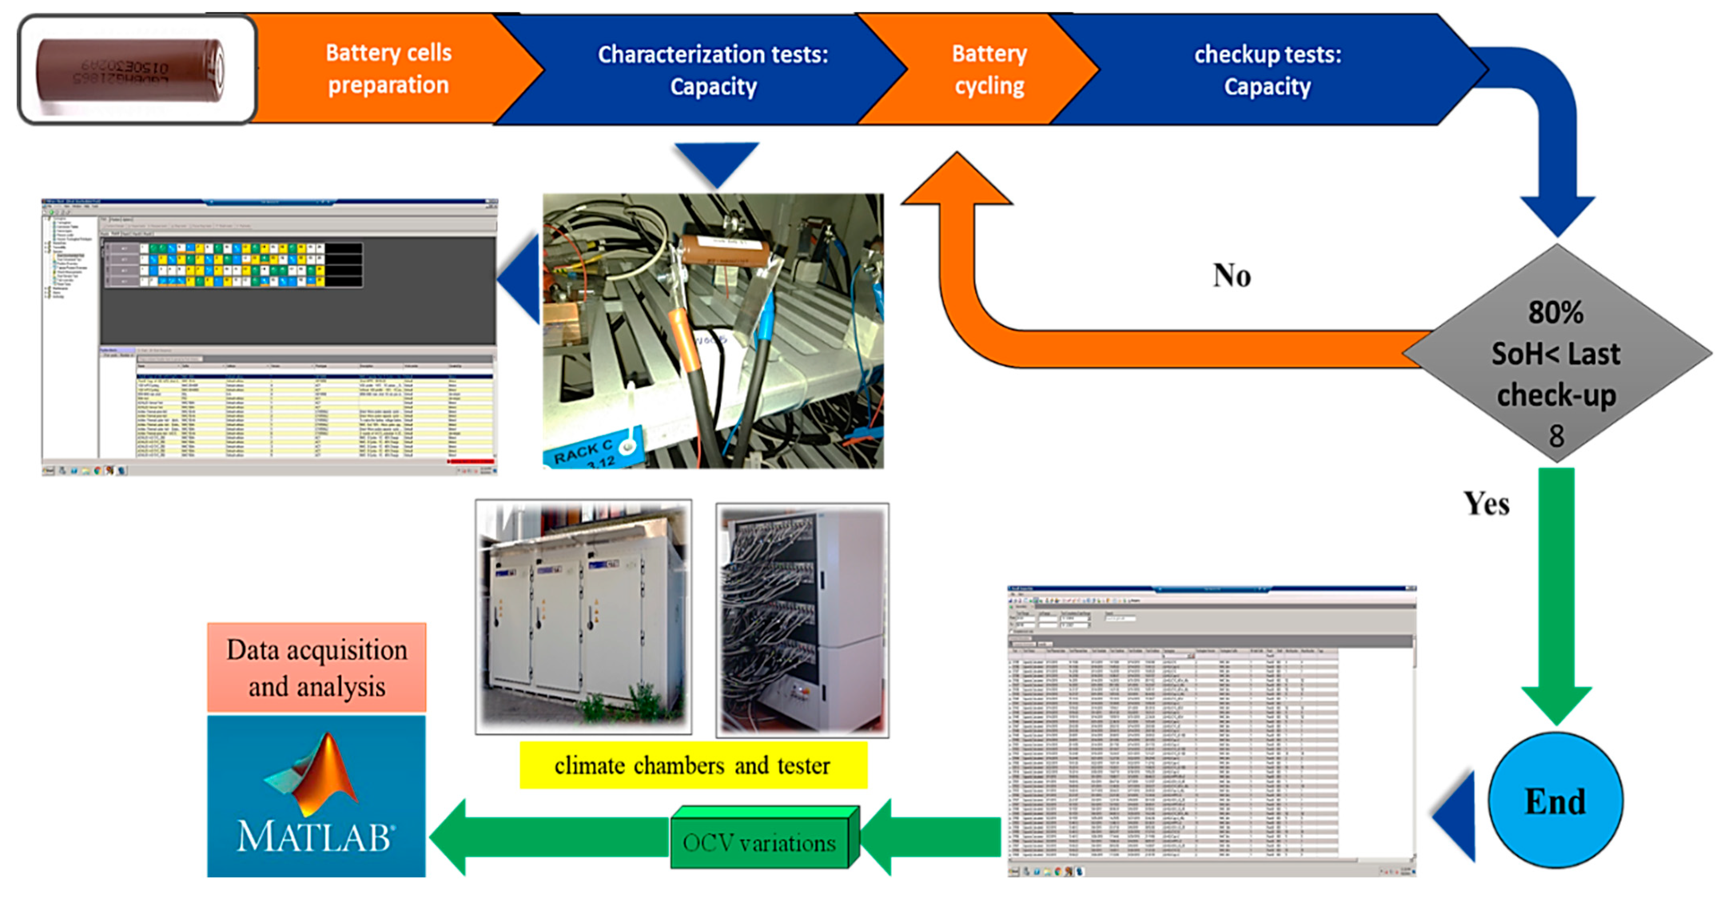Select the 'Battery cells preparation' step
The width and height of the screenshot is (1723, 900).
pyautogui.click(x=388, y=69)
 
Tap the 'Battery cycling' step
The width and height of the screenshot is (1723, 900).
pyautogui.click(x=989, y=70)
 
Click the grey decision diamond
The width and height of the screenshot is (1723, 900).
pyautogui.click(x=1556, y=353)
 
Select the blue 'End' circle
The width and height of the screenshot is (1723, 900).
pyautogui.click(x=1555, y=800)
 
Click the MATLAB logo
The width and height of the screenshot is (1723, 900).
pyautogui.click(x=316, y=796)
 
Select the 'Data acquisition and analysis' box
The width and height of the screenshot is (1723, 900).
pyautogui.click(x=316, y=668)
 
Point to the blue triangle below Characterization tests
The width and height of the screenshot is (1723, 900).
pyautogui.click(x=716, y=161)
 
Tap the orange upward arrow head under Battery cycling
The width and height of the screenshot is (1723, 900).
pyautogui.click(x=957, y=181)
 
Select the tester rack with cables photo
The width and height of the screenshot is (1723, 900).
pyautogui.click(x=802, y=620)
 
